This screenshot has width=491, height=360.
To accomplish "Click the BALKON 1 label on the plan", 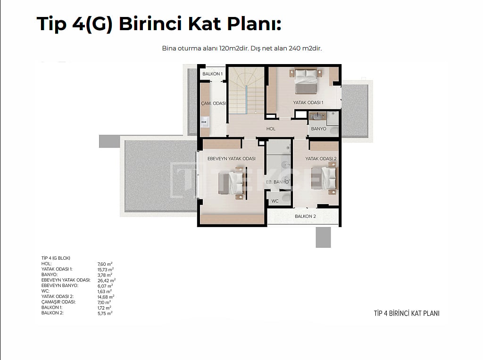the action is click(x=212, y=74).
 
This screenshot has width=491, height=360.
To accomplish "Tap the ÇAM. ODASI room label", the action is click(x=213, y=103).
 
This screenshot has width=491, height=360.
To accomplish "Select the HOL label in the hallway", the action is click(x=271, y=129).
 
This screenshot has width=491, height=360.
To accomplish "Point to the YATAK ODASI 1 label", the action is click(x=308, y=103).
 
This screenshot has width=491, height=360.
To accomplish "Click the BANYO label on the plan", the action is click(x=318, y=129).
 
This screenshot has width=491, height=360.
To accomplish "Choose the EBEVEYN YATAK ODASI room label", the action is click(x=232, y=159).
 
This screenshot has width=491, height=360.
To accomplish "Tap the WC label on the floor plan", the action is click(x=275, y=201).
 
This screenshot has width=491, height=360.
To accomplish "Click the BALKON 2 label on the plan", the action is click(x=305, y=216).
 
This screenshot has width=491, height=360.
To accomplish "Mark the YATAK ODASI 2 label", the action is click(x=321, y=159).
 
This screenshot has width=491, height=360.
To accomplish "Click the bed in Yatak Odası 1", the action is click(x=306, y=81).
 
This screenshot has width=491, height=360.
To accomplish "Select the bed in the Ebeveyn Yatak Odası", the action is click(x=231, y=183).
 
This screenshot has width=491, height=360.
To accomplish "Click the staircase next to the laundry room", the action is click(x=246, y=90).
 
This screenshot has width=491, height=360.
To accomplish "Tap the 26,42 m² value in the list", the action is click(x=107, y=280).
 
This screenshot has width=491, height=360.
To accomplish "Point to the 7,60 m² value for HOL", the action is click(x=105, y=264).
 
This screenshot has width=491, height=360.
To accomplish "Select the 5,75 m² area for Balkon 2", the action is click(x=105, y=313).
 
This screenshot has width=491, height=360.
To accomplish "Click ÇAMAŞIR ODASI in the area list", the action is click(x=58, y=302).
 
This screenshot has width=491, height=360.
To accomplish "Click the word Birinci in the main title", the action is click(x=150, y=24).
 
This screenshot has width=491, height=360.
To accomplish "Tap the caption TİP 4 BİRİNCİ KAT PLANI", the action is click(x=407, y=313).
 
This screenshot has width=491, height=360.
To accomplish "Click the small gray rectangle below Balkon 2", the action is click(x=323, y=237).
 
